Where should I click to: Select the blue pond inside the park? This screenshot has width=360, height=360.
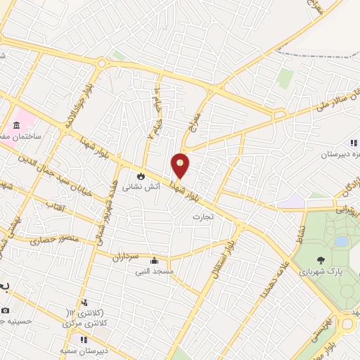click(x=341, y=241)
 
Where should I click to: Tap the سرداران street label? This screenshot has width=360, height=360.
click(x=127, y=258)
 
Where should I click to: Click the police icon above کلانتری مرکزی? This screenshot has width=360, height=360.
click(x=84, y=302)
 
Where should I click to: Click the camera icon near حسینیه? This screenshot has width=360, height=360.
click(x=6, y=310)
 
